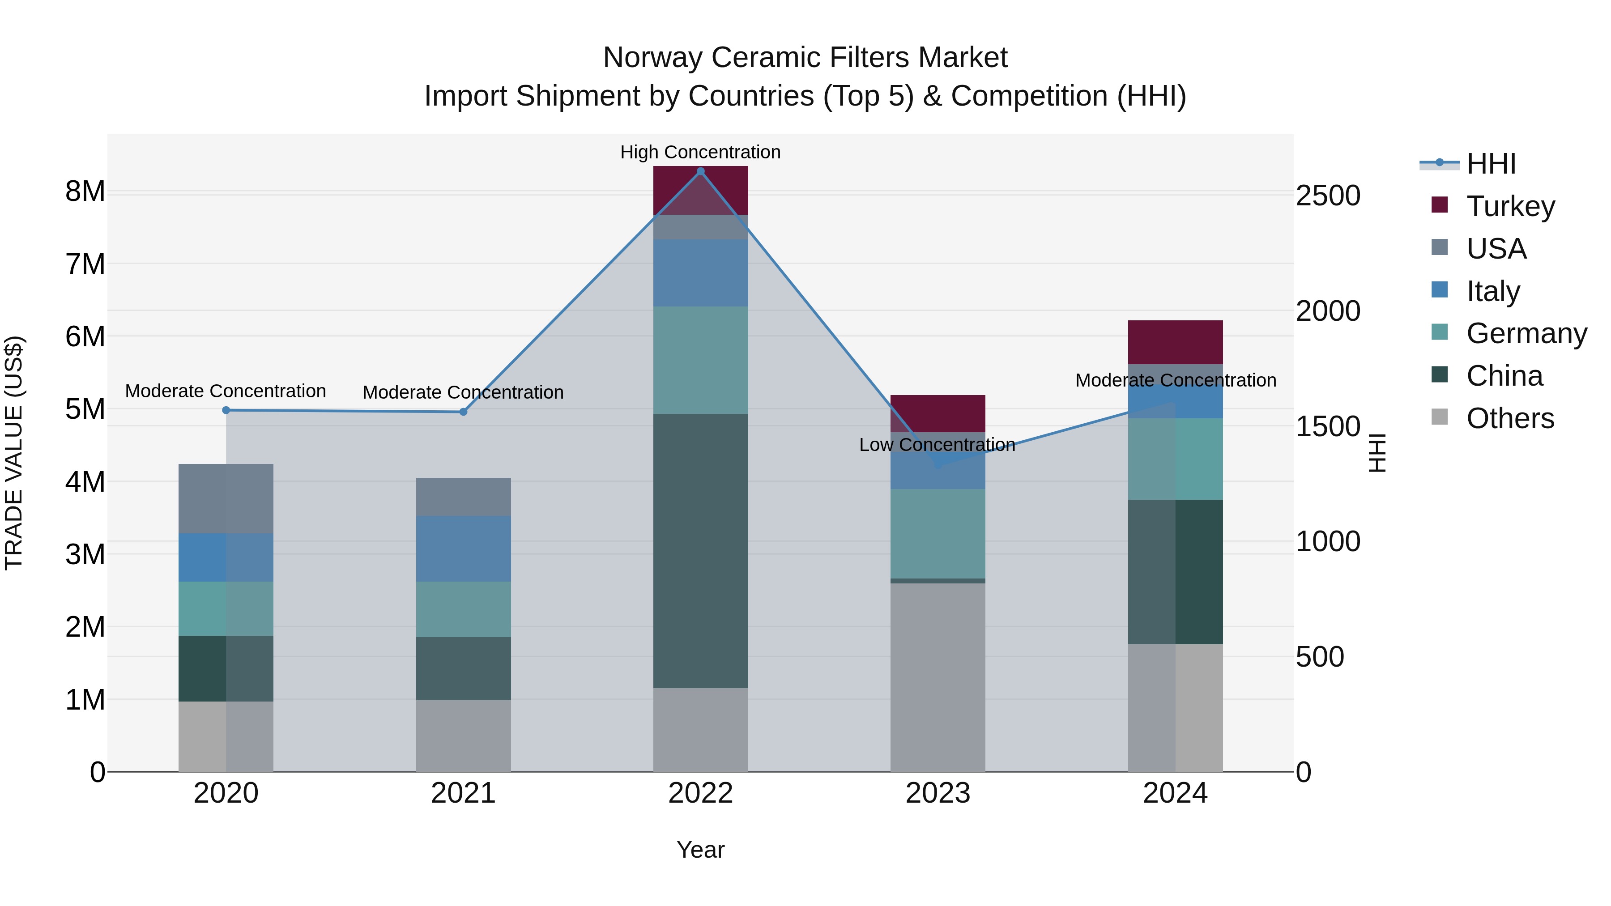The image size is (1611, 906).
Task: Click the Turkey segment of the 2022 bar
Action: (700, 191)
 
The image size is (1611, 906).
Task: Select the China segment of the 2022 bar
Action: (700, 550)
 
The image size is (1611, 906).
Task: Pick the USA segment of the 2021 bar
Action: (464, 497)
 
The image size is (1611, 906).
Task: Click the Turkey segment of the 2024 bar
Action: (1175, 342)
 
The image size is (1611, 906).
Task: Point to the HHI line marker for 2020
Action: (226, 410)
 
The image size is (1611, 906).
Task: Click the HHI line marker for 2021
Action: (464, 412)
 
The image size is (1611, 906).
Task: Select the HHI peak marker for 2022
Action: (700, 171)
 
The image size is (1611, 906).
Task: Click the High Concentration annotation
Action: (700, 152)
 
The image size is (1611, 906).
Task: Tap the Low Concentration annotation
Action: (937, 445)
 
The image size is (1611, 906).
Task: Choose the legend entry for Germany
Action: (1526, 333)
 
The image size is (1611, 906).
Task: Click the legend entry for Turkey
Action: (1510, 206)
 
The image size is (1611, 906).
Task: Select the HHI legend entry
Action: (1491, 164)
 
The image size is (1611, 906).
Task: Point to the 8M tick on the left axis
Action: (85, 191)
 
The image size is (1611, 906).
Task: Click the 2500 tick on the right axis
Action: (1328, 196)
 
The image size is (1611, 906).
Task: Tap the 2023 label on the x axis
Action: (938, 793)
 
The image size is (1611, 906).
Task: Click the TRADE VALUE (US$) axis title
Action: (14, 453)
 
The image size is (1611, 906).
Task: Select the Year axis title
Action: (700, 850)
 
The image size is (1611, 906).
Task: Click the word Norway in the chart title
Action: (652, 58)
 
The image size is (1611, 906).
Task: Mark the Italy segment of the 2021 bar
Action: (464, 549)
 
